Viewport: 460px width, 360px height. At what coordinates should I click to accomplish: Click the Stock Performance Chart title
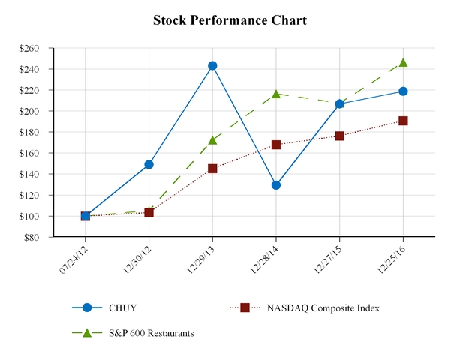pos(230,20)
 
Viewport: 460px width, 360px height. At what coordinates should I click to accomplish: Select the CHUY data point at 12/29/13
pos(212,65)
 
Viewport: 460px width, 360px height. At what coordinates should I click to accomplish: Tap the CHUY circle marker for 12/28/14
pos(276,184)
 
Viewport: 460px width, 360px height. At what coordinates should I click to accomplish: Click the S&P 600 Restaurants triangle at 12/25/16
pos(404,62)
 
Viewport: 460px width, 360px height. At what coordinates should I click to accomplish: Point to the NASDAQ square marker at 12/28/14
pos(276,145)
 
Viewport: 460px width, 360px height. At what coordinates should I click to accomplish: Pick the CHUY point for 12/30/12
pos(149,164)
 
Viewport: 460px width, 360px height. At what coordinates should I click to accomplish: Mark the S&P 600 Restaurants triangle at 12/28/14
pos(276,94)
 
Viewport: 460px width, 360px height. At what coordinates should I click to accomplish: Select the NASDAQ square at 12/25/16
pos(404,121)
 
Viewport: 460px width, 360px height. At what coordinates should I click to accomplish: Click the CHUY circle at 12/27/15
pos(340,103)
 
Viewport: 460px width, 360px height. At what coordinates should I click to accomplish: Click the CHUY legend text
pos(122,308)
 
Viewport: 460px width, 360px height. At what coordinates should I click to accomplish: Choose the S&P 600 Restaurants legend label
pos(151,333)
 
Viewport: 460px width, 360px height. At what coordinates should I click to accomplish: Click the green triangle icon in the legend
pos(87,332)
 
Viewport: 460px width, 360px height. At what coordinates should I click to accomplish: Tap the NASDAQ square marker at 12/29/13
pos(212,169)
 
